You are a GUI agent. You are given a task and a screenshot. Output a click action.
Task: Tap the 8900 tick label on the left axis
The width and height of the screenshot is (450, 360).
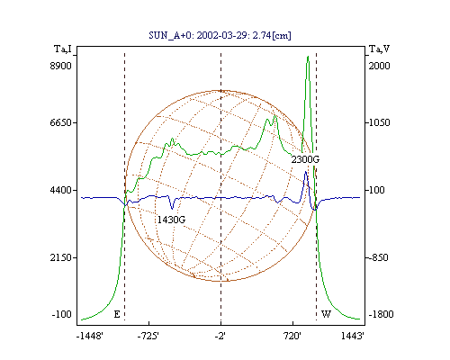point(60,66)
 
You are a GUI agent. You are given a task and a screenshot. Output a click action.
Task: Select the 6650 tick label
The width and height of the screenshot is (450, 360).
point(60,122)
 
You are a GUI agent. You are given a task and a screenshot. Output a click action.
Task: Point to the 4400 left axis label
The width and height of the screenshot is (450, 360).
point(60,190)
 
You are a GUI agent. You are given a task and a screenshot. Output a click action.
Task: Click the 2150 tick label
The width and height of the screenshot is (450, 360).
point(60,257)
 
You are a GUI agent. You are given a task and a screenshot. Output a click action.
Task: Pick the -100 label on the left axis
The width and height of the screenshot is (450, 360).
point(61,314)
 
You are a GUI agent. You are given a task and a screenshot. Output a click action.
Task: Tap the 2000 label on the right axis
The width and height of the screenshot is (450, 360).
point(379,66)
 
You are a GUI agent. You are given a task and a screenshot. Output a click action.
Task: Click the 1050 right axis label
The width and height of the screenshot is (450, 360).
point(379,122)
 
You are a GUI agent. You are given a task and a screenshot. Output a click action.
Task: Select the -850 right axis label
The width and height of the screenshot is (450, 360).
point(378,257)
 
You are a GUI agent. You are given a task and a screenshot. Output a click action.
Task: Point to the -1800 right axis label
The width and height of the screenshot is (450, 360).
point(381,314)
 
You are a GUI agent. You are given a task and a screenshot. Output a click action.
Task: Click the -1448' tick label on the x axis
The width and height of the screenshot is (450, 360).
point(90,336)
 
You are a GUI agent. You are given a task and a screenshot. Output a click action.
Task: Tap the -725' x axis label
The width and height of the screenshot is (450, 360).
point(148,336)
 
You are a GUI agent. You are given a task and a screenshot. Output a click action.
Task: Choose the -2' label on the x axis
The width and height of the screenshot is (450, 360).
point(220,336)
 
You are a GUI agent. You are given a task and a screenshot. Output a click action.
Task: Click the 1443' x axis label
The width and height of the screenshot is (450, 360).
point(353,336)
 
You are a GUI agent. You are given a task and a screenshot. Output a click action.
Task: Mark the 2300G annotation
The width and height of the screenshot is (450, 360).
point(305,159)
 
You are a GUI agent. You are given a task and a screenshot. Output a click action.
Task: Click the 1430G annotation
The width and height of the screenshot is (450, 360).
point(171,220)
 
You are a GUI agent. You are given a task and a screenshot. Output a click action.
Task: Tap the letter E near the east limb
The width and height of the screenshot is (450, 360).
point(117,314)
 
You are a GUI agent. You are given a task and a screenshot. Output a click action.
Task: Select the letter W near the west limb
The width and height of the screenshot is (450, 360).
point(326,314)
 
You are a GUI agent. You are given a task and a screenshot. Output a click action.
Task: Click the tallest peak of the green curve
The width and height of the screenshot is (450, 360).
point(308,57)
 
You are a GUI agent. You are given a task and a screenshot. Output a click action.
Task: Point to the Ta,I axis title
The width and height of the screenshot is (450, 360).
point(63,49)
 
